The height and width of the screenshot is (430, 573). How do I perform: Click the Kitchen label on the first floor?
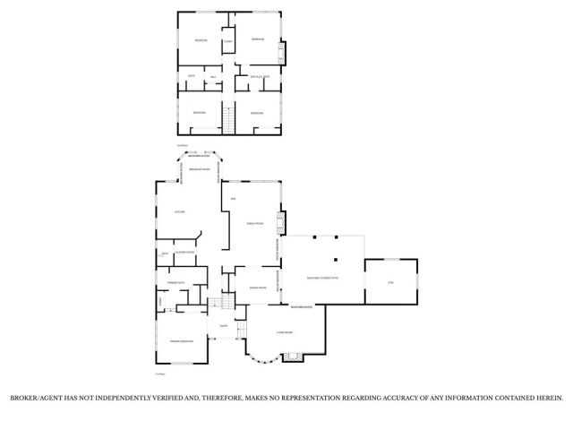[179, 212]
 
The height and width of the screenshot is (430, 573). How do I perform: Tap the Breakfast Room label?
[199, 168]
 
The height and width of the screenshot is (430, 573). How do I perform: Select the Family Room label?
[253, 223]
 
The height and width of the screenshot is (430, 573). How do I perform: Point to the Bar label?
[233, 198]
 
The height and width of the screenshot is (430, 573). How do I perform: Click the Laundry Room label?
[185, 254]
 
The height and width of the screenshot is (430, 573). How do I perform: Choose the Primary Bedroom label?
[182, 341]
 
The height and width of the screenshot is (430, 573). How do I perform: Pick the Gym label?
[390, 283]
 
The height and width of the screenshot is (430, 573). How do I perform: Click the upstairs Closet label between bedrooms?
[228, 42]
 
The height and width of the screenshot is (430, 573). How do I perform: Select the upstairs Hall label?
[214, 81]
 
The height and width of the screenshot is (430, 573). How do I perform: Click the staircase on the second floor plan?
[227, 119]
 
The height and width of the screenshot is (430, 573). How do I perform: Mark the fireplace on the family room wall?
[281, 222]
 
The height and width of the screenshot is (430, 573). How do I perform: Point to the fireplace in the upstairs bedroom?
[286, 51]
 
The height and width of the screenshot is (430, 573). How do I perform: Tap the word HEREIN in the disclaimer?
[547, 396]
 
